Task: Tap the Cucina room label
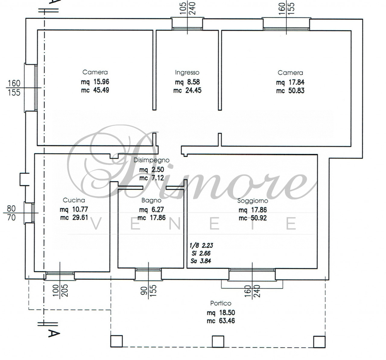click(x=74, y=200)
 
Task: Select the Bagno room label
click(x=151, y=201)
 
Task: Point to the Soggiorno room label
click(x=253, y=201)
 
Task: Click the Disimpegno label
click(x=151, y=161)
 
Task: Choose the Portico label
click(x=221, y=303)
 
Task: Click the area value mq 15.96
click(x=95, y=82)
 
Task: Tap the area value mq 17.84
click(x=290, y=82)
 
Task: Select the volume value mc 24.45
click(x=187, y=91)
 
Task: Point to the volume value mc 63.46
click(x=221, y=321)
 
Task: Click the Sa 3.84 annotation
click(x=201, y=261)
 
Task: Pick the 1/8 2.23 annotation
click(x=201, y=245)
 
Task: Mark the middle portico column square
click(x=218, y=341)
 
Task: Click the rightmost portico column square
click(x=319, y=342)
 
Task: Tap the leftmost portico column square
click(x=116, y=341)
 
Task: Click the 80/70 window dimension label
click(x=11, y=213)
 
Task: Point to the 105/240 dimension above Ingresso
click(x=188, y=8)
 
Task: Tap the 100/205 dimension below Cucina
click(x=60, y=290)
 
